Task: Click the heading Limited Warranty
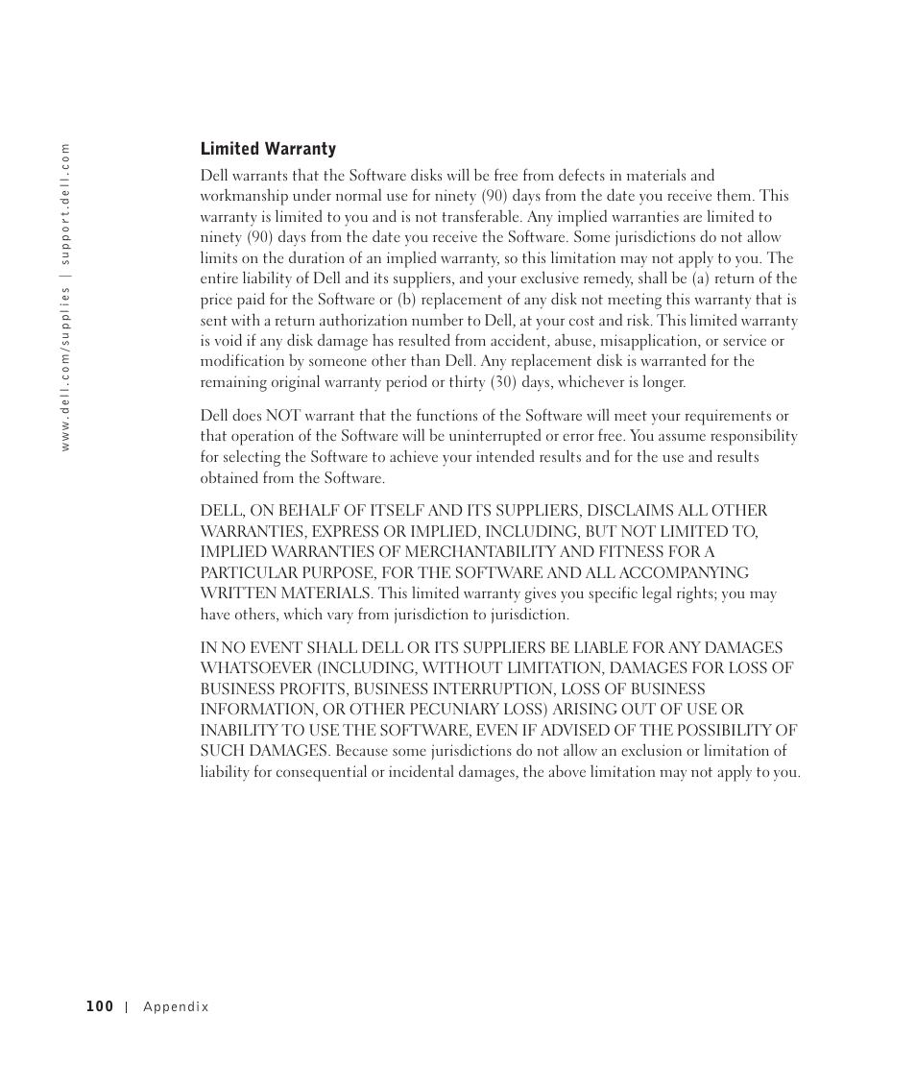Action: pyautogui.click(x=268, y=149)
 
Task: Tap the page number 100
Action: pyautogui.click(x=99, y=1006)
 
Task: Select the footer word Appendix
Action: pyautogui.click(x=176, y=1007)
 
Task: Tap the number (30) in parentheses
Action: pyautogui.click(x=498, y=382)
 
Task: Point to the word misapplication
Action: pyautogui.click(x=645, y=341)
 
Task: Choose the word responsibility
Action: pyautogui.click(x=753, y=436)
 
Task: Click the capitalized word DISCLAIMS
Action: pyautogui.click(x=629, y=511)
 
